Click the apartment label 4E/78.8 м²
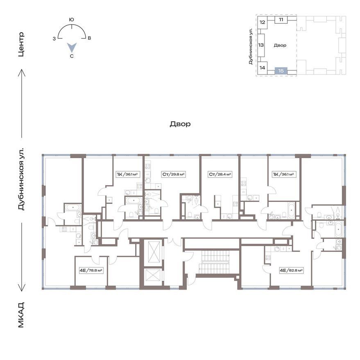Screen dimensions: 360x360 coord(91,270)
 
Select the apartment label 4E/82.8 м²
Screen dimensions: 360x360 coord(291,270)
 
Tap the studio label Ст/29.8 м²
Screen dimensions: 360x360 coord(174,174)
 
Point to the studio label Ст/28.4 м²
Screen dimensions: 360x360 coord(220,174)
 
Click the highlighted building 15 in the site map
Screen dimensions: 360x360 coord(281,71)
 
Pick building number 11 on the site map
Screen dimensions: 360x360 coord(281,20)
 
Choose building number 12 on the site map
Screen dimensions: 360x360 coord(262,22)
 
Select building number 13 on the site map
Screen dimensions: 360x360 coord(261,45)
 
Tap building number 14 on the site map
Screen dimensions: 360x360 coord(262,68)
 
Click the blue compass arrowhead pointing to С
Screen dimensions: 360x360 coord(72,47)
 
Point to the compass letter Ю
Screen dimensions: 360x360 coord(72,20)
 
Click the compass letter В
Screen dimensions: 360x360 coord(89,38)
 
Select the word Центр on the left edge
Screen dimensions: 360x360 coord(21,45)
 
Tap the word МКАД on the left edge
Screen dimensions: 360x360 coord(21,315)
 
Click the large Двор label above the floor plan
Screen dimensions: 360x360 coord(180,124)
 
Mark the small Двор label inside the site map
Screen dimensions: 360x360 coord(280,45)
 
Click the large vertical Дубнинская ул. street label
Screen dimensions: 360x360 coord(21,179)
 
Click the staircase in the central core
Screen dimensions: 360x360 coord(214,262)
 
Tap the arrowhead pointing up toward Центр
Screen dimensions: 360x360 coord(22,72)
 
